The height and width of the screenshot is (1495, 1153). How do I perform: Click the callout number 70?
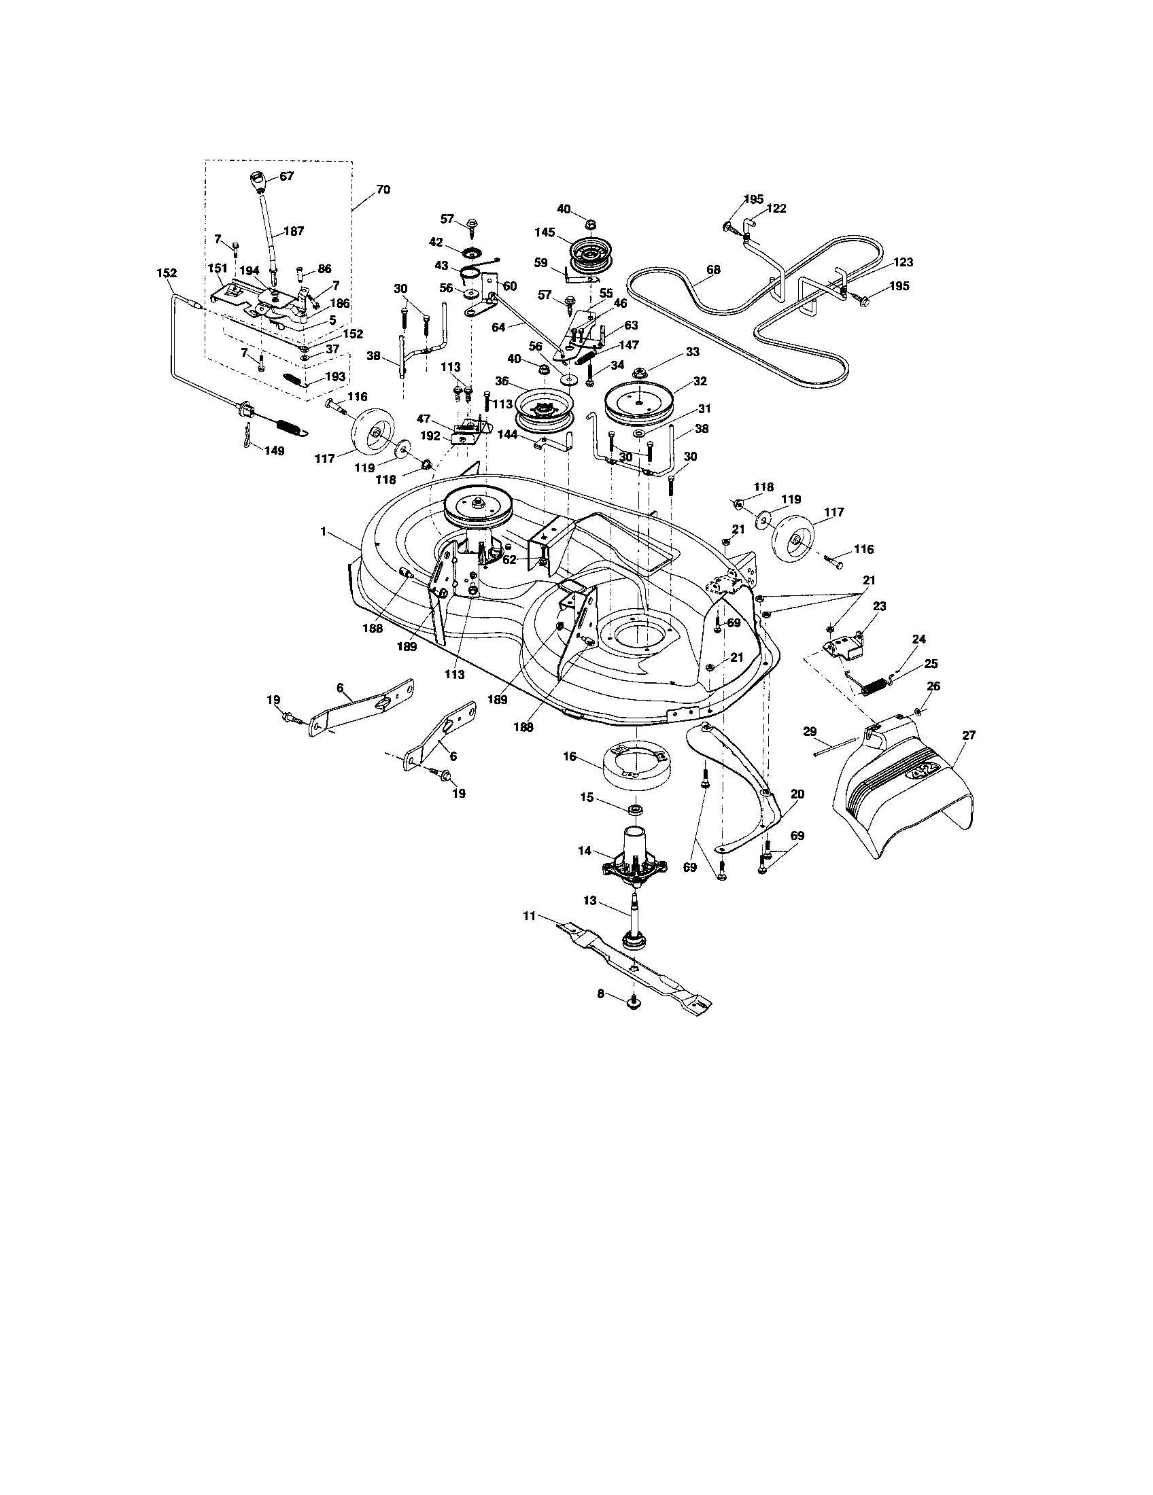383,189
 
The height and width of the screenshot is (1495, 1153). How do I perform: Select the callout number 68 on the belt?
712,270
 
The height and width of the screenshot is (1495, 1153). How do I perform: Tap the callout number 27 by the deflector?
968,736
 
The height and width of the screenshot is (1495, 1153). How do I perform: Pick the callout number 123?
902,262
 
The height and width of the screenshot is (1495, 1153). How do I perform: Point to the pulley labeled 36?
545,408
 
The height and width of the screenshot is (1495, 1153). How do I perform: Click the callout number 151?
217,268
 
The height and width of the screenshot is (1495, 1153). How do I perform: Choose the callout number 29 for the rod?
809,732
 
